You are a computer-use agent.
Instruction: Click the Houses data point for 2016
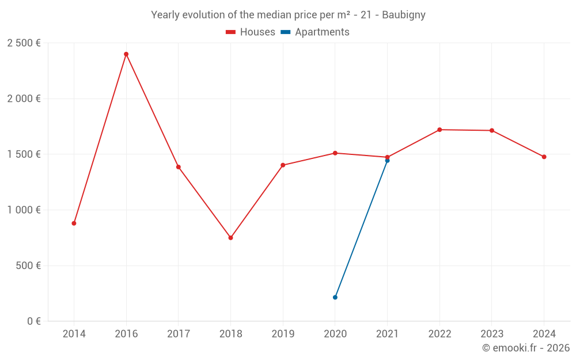click(126, 54)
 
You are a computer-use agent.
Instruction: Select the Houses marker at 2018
click(230, 238)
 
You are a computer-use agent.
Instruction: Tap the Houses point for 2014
click(74, 223)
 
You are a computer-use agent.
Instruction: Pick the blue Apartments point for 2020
click(335, 297)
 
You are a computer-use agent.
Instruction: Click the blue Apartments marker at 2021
click(387, 161)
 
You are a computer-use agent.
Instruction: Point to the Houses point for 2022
click(439, 130)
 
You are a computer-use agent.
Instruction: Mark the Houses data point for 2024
click(544, 157)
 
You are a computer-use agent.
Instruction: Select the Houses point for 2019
click(283, 165)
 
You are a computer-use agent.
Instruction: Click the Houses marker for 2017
click(179, 167)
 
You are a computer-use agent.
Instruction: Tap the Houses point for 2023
click(492, 131)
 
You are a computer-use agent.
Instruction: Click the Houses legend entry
click(251, 32)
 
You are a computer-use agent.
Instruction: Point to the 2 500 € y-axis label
click(24, 43)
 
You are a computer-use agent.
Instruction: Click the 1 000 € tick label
click(24, 210)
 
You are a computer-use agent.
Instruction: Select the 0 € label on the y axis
click(33, 321)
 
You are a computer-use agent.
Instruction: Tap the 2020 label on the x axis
click(335, 334)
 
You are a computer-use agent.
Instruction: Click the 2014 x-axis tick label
click(74, 334)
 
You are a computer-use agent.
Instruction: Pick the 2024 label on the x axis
click(544, 334)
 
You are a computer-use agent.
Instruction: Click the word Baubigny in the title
click(404, 15)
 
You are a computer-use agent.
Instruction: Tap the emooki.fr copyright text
click(526, 348)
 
